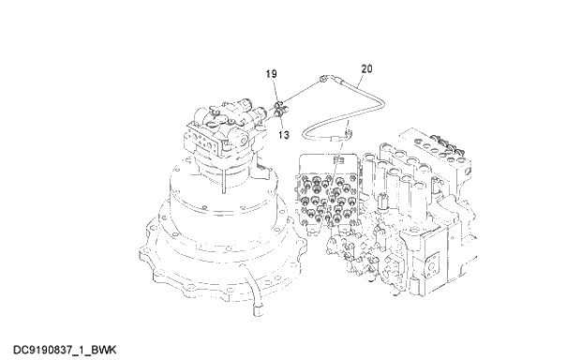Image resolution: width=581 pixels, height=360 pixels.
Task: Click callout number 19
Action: pyautogui.click(x=271, y=73)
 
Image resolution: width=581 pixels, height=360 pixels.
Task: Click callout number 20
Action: pyautogui.click(x=365, y=68)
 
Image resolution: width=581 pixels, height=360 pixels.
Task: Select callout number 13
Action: pyautogui.click(x=282, y=134)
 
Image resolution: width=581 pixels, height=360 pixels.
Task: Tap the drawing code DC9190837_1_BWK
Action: pyautogui.click(x=64, y=349)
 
